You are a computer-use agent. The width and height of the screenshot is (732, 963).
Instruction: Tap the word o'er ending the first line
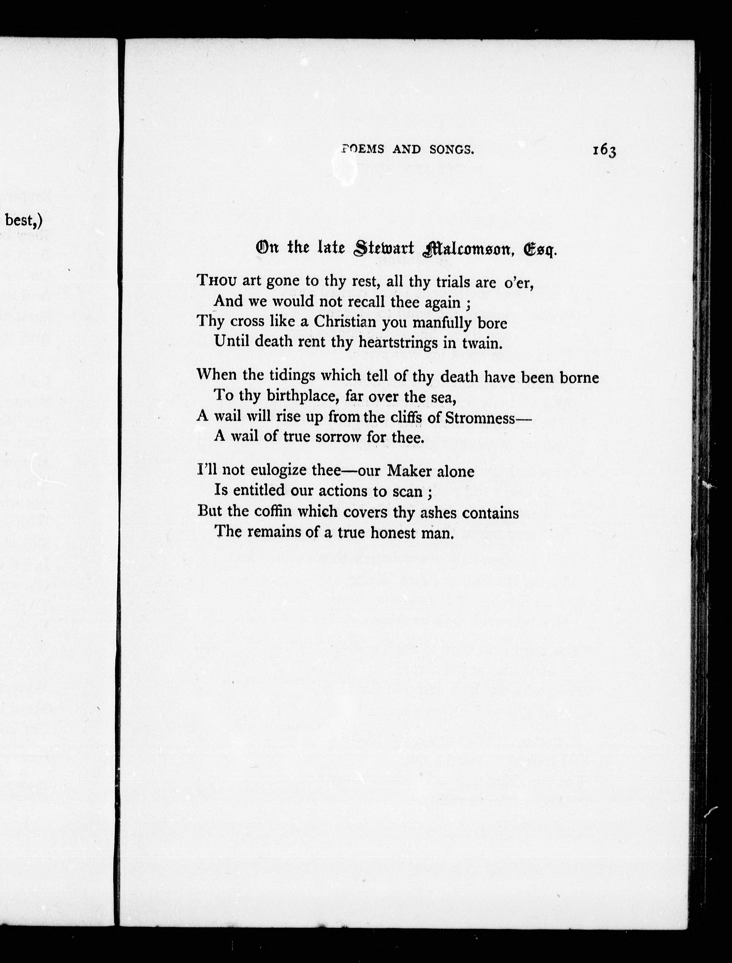tap(518, 283)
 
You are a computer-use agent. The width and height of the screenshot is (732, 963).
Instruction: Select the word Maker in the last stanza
tap(409, 471)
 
